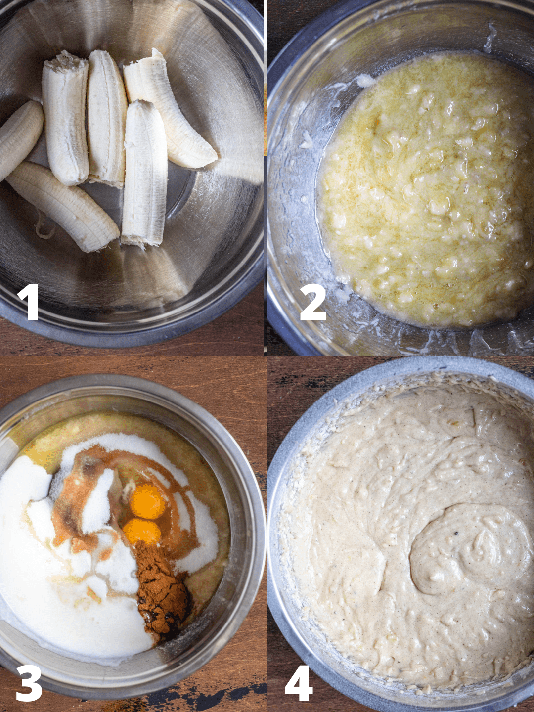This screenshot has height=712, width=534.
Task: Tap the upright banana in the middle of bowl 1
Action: (x=107, y=117)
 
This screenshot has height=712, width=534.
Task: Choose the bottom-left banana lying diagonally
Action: (x=63, y=206)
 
